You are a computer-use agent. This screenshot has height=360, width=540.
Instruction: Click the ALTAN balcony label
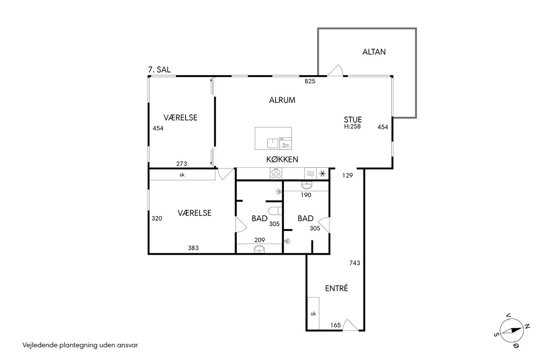pos(374,52)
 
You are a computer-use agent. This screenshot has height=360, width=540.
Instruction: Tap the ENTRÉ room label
pos(337,288)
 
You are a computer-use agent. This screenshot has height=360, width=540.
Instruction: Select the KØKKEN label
pos(282,159)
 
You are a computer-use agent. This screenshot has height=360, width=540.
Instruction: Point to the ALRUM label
pos(282,100)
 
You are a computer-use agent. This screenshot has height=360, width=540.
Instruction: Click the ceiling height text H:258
pos(352,126)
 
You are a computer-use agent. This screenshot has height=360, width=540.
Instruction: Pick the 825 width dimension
pos(310,81)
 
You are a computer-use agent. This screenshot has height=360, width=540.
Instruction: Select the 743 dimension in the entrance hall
pos(355,263)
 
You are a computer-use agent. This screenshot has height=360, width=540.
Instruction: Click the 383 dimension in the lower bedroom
pos(193,247)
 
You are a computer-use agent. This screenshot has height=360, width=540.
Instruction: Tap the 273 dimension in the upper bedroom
pos(181,164)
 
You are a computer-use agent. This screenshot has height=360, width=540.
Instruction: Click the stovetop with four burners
pos(276,174)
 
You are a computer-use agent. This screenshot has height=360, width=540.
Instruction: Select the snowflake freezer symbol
pos(323,174)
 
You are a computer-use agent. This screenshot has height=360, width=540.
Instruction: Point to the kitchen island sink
pos(273,143)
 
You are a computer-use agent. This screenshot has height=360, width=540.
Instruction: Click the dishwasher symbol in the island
pos(285,143)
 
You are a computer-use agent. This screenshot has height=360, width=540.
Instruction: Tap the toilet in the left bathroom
pos(275,211)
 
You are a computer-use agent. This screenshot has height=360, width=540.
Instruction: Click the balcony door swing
pos(335,70)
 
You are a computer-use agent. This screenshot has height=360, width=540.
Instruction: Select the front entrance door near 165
pos(350,325)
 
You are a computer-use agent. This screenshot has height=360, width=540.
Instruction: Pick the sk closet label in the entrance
pos(313,314)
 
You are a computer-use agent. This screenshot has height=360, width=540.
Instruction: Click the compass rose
pos(512,330)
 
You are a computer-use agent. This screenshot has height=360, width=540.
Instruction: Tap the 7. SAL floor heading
pos(159,70)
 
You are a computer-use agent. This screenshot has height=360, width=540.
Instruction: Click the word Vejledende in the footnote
pos(40,345)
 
